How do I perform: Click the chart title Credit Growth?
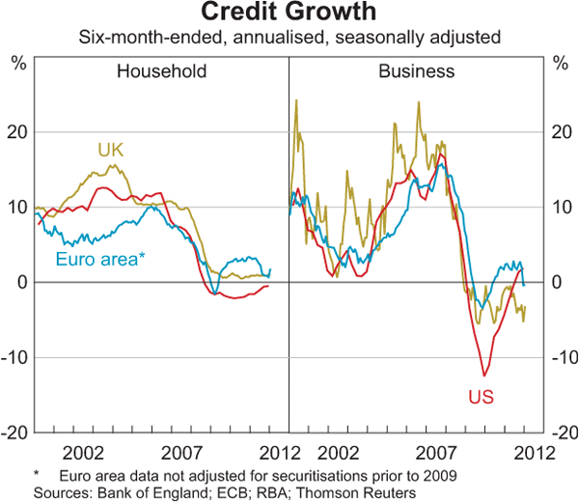(289, 14)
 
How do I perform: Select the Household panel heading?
(162, 71)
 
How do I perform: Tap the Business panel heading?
(416, 71)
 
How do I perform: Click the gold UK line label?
(112, 150)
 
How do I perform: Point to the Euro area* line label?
(100, 259)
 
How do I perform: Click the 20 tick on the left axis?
(18, 131)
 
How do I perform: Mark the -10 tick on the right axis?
(561, 357)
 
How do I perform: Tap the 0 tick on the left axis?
(22, 282)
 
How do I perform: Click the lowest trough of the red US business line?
(485, 376)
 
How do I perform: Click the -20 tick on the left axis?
(16, 433)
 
